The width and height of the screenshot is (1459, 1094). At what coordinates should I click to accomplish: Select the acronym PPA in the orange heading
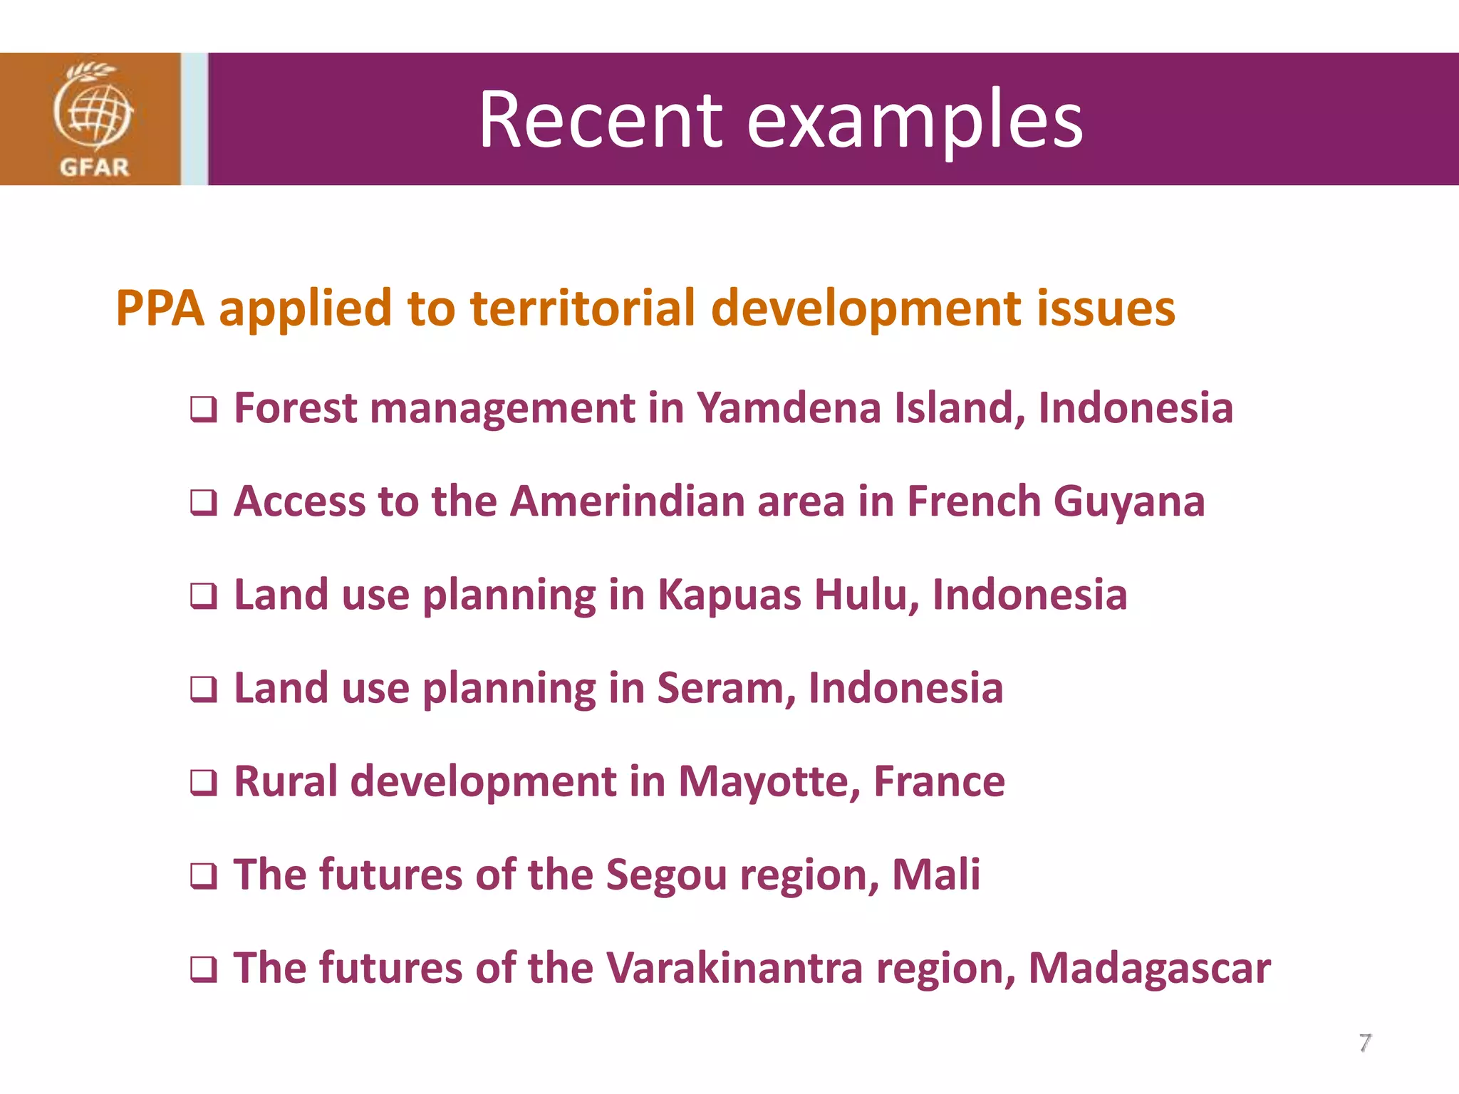point(160,308)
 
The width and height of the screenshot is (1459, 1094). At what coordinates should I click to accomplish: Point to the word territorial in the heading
point(583,308)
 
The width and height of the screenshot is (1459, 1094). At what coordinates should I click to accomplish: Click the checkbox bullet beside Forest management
point(203,410)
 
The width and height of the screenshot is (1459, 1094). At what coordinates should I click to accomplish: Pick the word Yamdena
point(789,408)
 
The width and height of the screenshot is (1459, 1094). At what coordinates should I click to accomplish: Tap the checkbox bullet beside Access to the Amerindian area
point(203,503)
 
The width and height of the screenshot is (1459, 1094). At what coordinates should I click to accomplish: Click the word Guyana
point(1129,502)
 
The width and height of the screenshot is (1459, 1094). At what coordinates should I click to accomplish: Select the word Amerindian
point(627,501)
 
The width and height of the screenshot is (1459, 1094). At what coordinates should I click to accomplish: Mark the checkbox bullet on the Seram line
point(203,689)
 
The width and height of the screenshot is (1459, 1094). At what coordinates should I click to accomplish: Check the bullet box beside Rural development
point(203,783)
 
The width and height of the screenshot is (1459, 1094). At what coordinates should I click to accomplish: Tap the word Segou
point(666,875)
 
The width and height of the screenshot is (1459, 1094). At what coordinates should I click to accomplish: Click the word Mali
point(936,875)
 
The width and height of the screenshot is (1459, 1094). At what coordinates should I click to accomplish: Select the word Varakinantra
point(734,968)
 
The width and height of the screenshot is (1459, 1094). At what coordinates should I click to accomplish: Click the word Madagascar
point(1149,969)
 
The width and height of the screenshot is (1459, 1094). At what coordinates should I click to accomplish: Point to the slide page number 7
point(1364,1043)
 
